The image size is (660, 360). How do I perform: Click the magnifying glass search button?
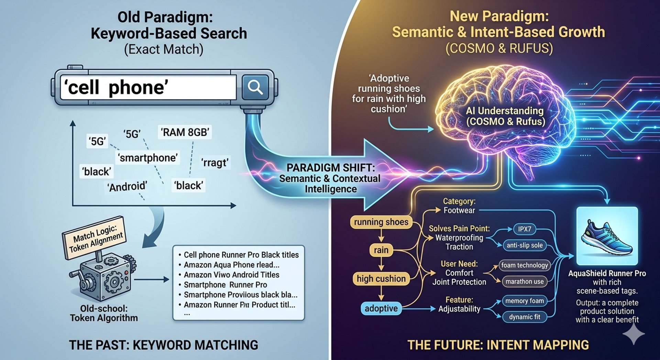point(255,87)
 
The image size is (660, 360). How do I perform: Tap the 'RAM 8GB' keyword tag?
point(185,132)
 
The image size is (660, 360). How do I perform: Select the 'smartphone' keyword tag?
point(148,158)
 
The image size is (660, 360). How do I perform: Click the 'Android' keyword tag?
point(127,187)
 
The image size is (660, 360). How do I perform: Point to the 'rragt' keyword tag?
point(215,162)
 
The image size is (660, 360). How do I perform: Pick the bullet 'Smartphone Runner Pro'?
point(225,285)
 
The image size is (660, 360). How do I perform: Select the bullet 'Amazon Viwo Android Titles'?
point(231,275)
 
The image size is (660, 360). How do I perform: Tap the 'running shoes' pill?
point(381,222)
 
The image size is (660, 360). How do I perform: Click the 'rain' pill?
point(381,250)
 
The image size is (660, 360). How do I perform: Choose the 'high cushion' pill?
point(381,279)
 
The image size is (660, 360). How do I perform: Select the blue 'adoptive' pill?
point(381,308)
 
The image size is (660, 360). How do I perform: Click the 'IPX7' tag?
point(525,229)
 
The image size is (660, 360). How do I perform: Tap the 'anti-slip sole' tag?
point(525,245)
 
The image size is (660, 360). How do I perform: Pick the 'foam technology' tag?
point(525,265)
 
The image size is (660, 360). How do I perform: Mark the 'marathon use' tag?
point(525,282)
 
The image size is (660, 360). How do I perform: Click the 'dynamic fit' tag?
point(525,317)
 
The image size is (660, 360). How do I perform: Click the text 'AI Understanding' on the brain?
point(504,111)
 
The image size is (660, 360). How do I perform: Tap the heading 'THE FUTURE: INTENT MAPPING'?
point(498,345)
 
